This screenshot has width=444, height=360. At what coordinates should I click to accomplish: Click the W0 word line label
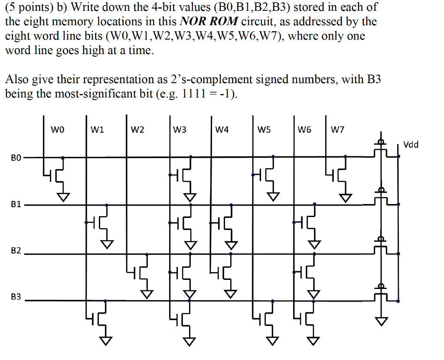coord(57,130)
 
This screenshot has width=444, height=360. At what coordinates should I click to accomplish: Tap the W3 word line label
coord(180,130)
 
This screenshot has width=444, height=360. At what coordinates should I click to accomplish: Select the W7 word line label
coord(337,130)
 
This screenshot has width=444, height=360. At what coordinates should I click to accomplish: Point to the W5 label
coord(264,130)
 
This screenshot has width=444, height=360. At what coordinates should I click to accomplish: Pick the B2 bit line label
coord(16,251)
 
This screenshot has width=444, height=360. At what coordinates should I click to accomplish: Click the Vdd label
coord(411,145)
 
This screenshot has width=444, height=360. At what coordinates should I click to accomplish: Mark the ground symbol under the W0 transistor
coord(64,198)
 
